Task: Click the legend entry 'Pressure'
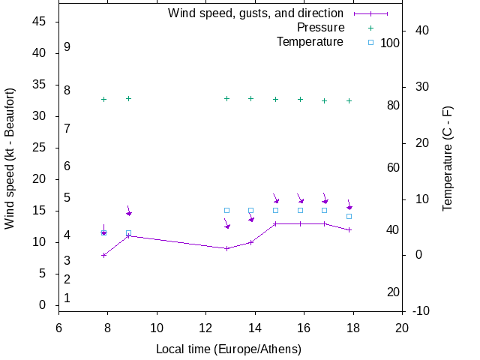pos(320,28)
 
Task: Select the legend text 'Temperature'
pos(310,41)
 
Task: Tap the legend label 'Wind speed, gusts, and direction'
pos(255,13)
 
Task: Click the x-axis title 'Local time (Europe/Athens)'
pos(229,349)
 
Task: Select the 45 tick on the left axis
pos(40,22)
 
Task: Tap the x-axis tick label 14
pos(255,328)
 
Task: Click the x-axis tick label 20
pos(402,328)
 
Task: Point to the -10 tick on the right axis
pos(421,310)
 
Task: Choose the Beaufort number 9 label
pos(67,46)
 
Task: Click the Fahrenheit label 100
pos(390,43)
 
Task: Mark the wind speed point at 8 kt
pos(104,255)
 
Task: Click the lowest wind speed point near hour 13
pos(226,248)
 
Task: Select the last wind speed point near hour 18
pos(349,229)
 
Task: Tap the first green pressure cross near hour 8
pos(104,99)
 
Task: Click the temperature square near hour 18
pos(349,216)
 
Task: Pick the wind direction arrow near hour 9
pos(129,211)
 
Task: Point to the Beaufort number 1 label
pos(67,298)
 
